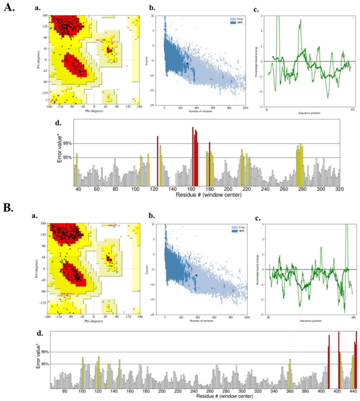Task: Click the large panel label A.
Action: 11,10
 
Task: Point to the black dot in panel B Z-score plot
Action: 196,275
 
